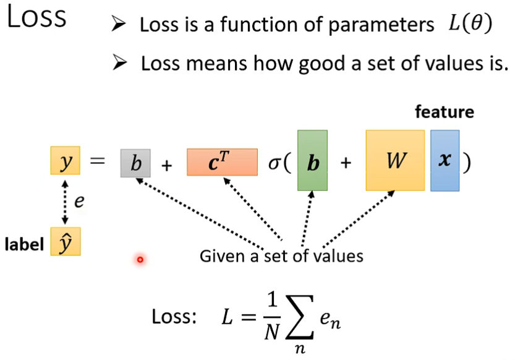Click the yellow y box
[x=66, y=163]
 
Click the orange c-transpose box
[x=222, y=162]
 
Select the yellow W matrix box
[x=395, y=161]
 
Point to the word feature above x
[x=445, y=113]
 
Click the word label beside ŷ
[x=24, y=245]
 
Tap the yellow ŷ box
[x=66, y=245]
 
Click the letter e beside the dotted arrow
[x=79, y=201]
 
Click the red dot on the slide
[x=140, y=260]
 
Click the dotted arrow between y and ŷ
[x=64, y=204]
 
